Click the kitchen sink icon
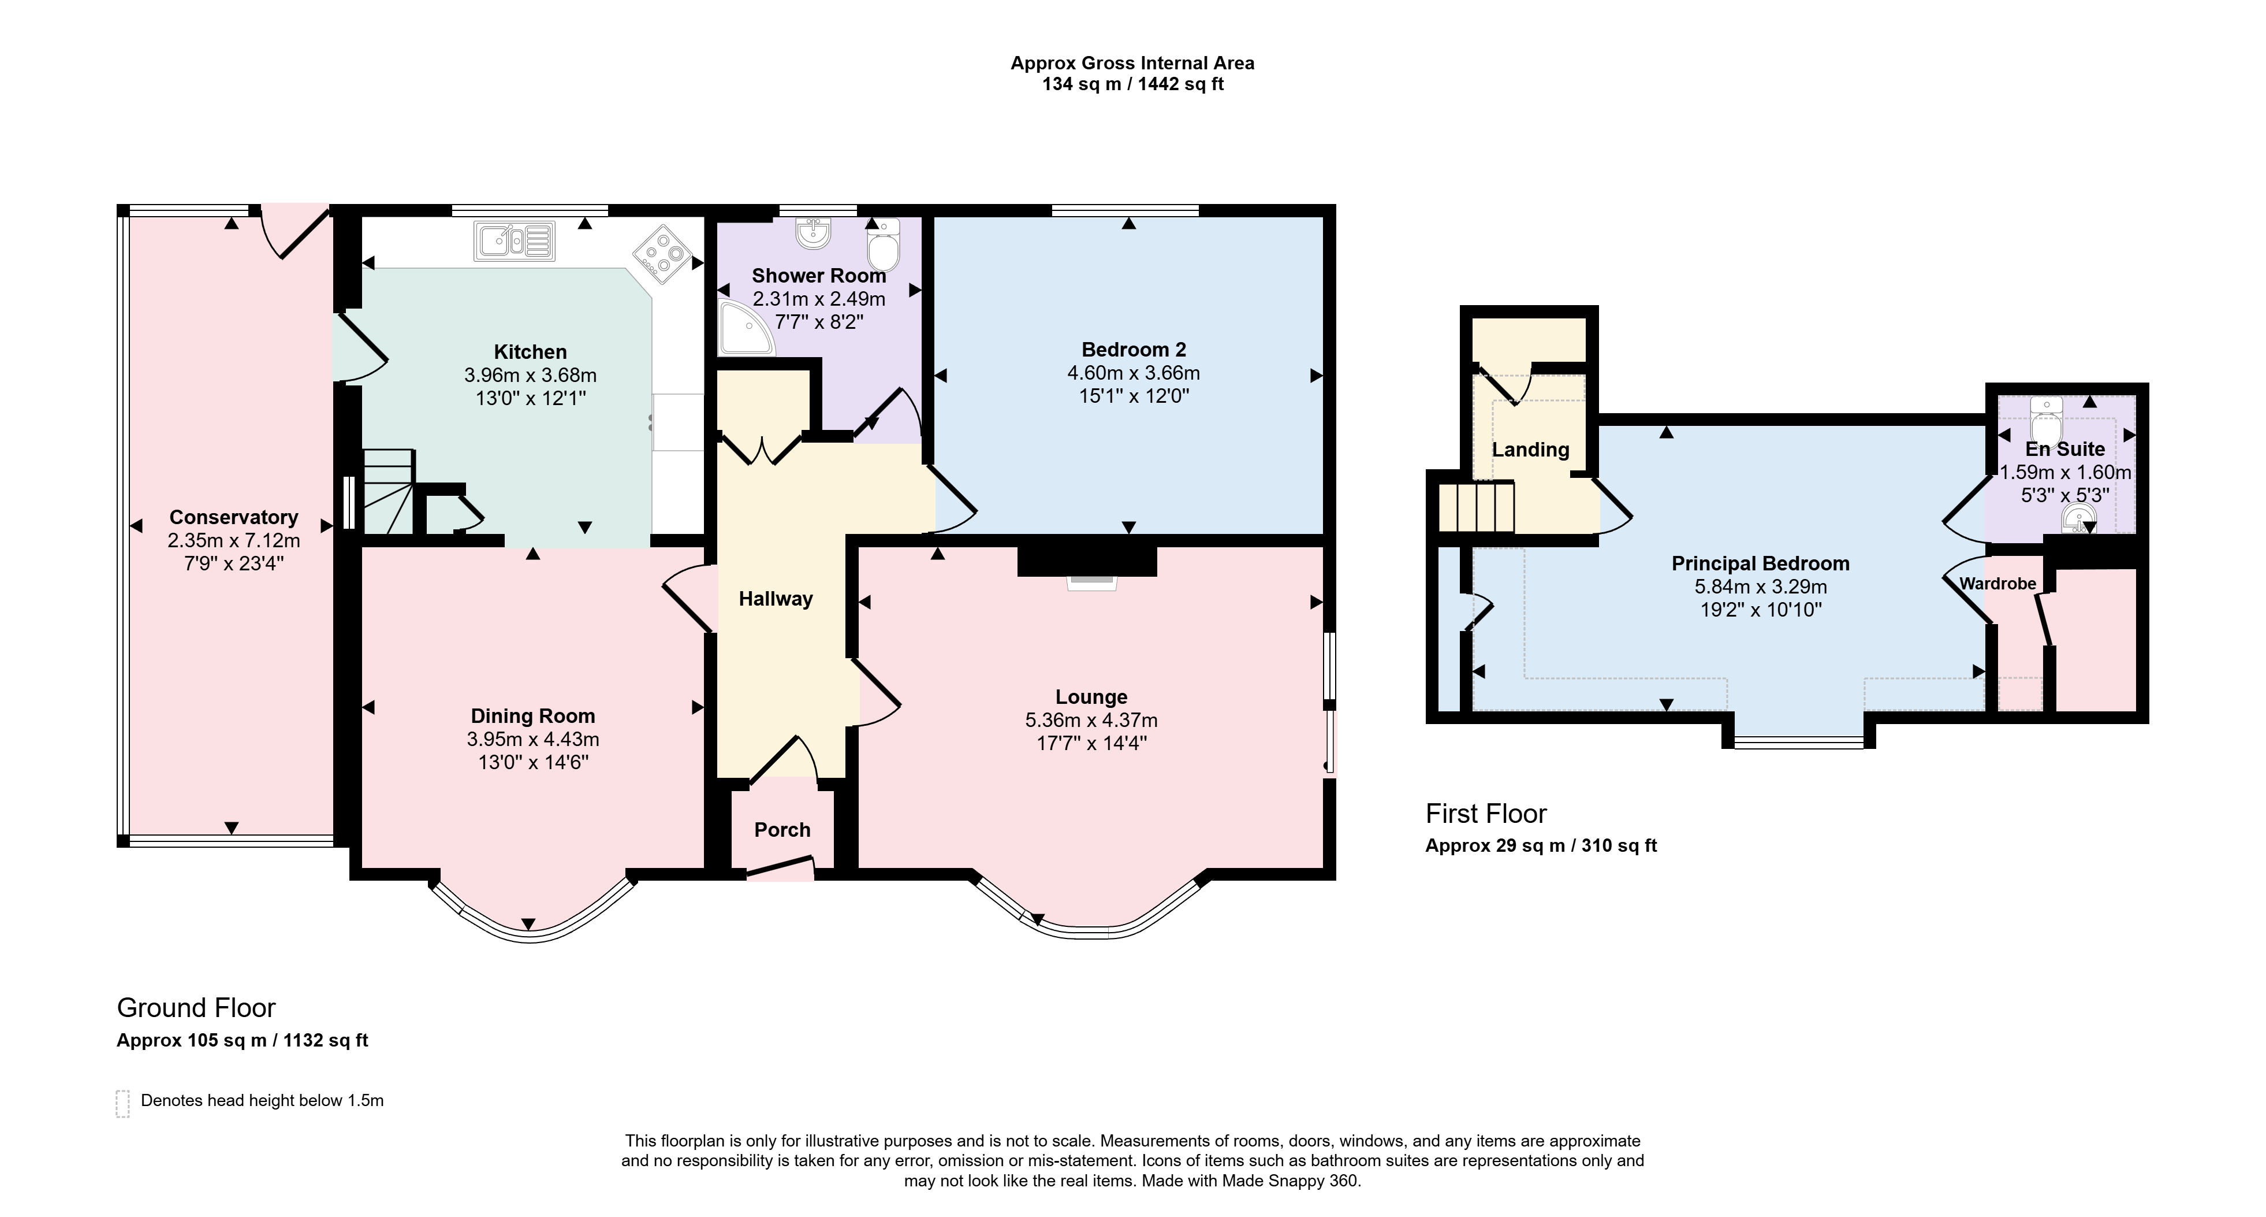pyautogui.click(x=515, y=241)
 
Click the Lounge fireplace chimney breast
pyautogui.click(x=1087, y=561)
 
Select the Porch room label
pyautogui.click(x=782, y=830)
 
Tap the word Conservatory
pyautogui.click(x=233, y=517)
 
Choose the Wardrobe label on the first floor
pyautogui.click(x=1997, y=584)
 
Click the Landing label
pyautogui.click(x=1531, y=450)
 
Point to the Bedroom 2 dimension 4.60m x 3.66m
pyautogui.click(x=1134, y=373)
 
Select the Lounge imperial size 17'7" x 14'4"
pyautogui.click(x=1091, y=743)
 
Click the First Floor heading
pyautogui.click(x=1486, y=814)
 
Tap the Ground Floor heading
pyautogui.click(x=196, y=1008)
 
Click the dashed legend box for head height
pyautogui.click(x=122, y=1104)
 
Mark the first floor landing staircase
pyautogui.click(x=1476, y=506)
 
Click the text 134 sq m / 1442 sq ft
pyautogui.click(x=1133, y=84)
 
